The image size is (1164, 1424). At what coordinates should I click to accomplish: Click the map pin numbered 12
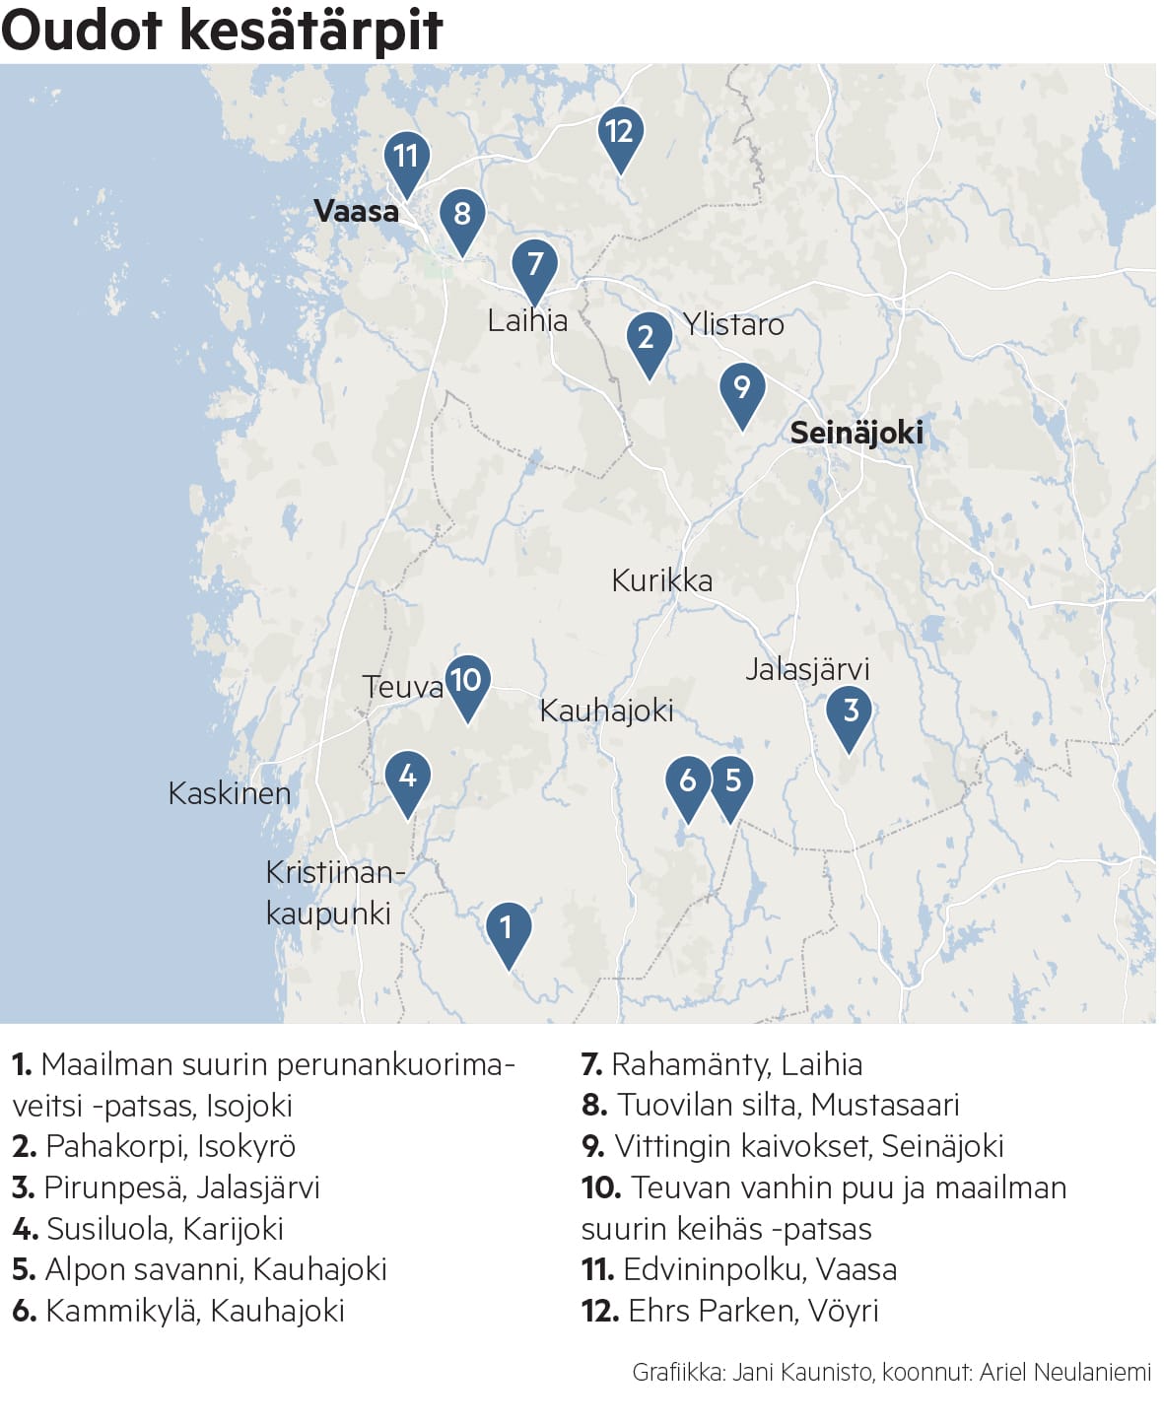pyautogui.click(x=620, y=134)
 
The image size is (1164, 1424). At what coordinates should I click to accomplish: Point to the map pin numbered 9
pyautogui.click(x=742, y=389)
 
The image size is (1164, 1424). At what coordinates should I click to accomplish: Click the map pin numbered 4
pyautogui.click(x=407, y=779)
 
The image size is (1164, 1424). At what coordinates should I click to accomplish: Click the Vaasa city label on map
pyautogui.click(x=356, y=211)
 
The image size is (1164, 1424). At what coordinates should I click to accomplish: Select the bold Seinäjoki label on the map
pyautogui.click(x=856, y=433)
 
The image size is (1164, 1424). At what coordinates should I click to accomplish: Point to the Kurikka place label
pyautogui.click(x=661, y=580)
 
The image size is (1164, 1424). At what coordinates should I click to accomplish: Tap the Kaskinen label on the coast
pyautogui.click(x=229, y=793)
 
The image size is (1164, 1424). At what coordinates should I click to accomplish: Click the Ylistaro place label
pyautogui.click(x=733, y=324)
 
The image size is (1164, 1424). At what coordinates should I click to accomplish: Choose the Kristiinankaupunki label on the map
pyautogui.click(x=333, y=893)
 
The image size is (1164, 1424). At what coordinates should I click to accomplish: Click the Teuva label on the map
pyautogui.click(x=402, y=687)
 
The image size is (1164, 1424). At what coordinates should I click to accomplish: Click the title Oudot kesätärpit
pyautogui.click(x=223, y=30)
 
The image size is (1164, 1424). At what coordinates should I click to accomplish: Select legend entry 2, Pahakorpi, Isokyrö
pyautogui.click(x=154, y=1146)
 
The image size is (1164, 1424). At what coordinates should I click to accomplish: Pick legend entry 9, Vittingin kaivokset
pyautogui.click(x=792, y=1146)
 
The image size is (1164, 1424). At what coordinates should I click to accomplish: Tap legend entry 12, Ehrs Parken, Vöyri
pyautogui.click(x=729, y=1311)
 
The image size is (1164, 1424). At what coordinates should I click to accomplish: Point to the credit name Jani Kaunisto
pyautogui.click(x=801, y=1372)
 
